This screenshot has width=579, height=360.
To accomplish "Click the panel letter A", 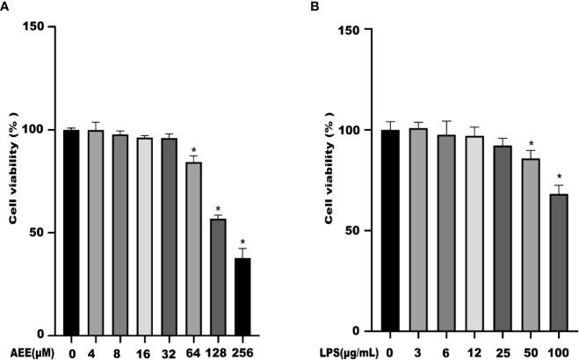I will coord(5,7).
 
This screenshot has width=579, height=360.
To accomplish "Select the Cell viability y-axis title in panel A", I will coord(15,180).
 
